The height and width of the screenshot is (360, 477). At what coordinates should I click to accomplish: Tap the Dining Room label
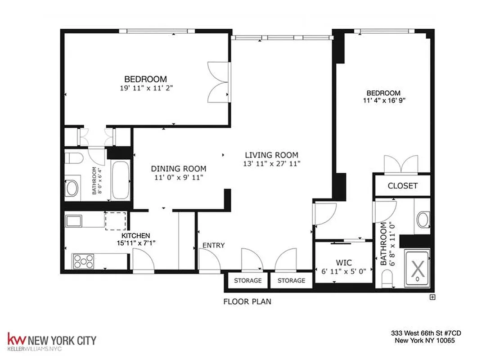point(179,169)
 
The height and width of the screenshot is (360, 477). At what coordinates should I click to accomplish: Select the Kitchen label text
point(135,235)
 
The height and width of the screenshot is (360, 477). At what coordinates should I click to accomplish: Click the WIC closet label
point(344,263)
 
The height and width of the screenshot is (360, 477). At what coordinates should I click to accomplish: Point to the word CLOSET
point(402,185)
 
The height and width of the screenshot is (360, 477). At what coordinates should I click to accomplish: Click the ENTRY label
point(213,245)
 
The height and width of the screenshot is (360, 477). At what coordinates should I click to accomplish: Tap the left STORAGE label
point(247,280)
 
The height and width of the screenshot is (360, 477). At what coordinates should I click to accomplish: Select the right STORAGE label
point(291,280)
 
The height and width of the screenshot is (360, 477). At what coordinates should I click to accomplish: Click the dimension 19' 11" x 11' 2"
point(146,89)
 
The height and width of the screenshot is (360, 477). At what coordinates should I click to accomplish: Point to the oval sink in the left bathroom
point(72,188)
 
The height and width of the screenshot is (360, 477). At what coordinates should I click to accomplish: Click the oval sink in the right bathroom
point(423,220)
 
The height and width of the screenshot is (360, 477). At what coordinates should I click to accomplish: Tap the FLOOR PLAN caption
point(247,301)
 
